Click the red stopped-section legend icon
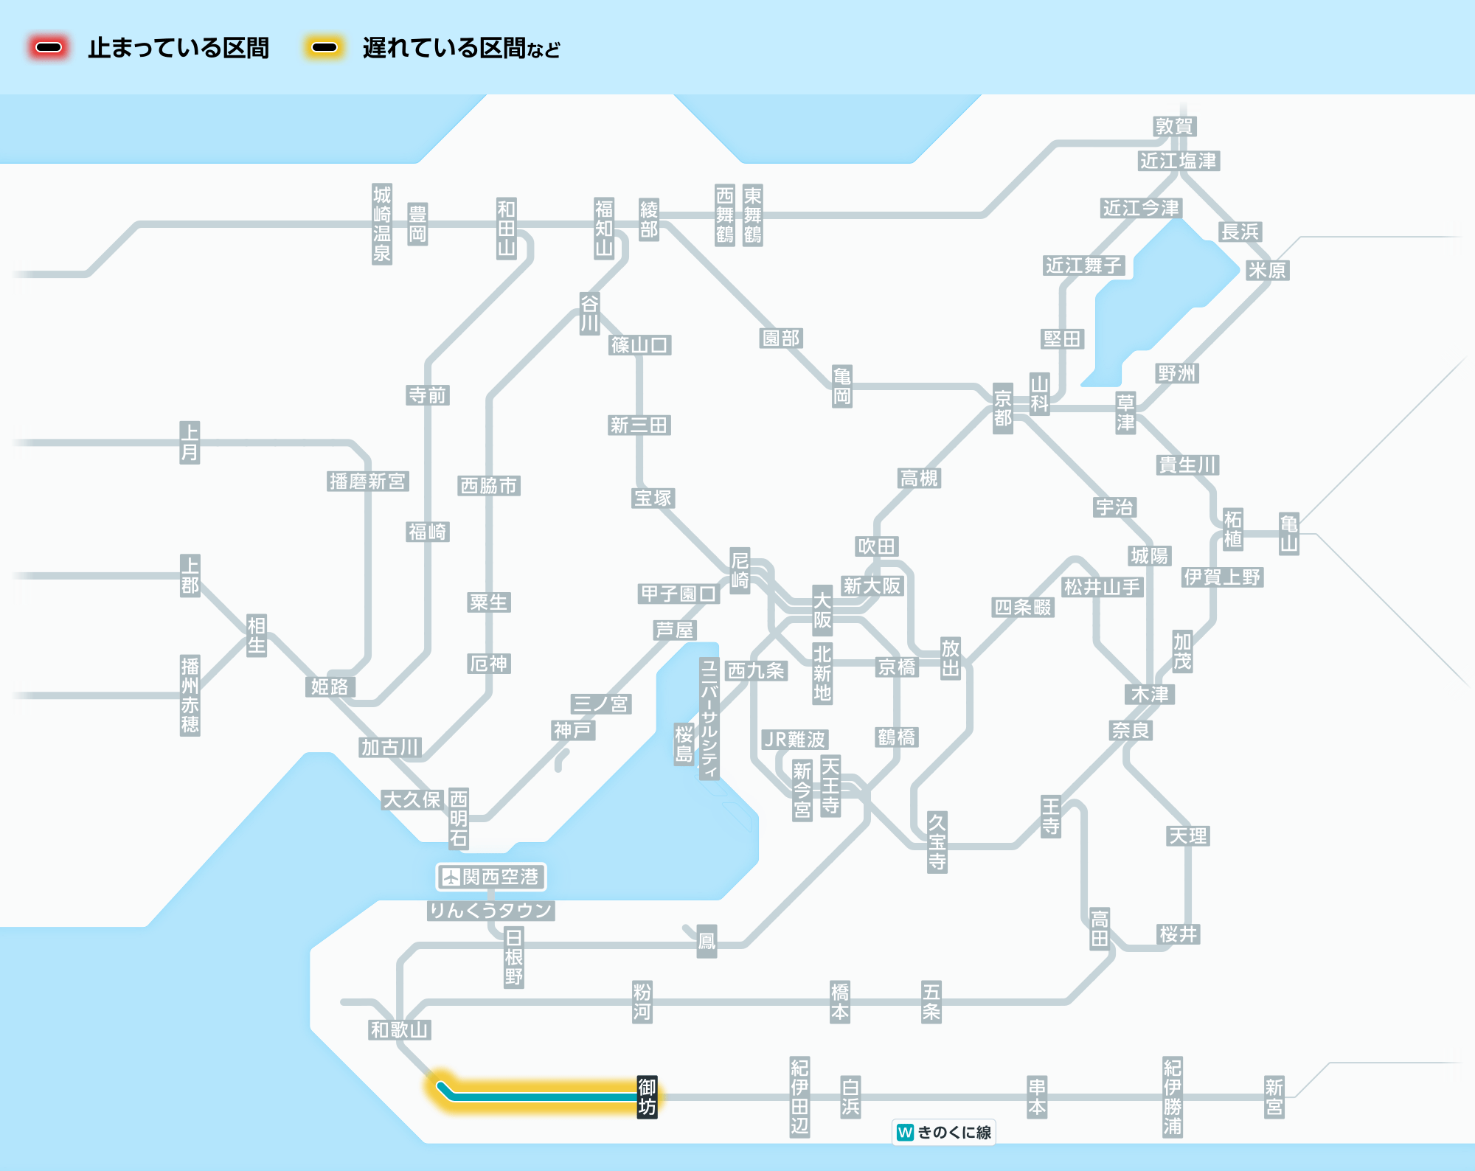tap(49, 48)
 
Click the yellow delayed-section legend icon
tap(324, 48)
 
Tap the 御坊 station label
tap(647, 1097)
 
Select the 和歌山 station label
tap(400, 1029)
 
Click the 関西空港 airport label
tap(491, 877)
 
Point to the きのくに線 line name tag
tap(944, 1132)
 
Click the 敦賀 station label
tap(1174, 126)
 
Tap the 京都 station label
tap(1003, 409)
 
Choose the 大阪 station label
tap(822, 611)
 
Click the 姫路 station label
tap(330, 687)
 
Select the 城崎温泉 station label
tap(381, 224)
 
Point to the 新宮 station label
tap(1274, 1097)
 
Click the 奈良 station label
tap(1131, 730)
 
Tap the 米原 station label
tap(1267, 270)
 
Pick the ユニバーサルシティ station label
tap(709, 718)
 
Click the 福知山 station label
tap(604, 228)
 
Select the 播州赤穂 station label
tap(190, 695)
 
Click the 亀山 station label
tap(1288, 534)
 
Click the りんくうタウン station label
tap(491, 911)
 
